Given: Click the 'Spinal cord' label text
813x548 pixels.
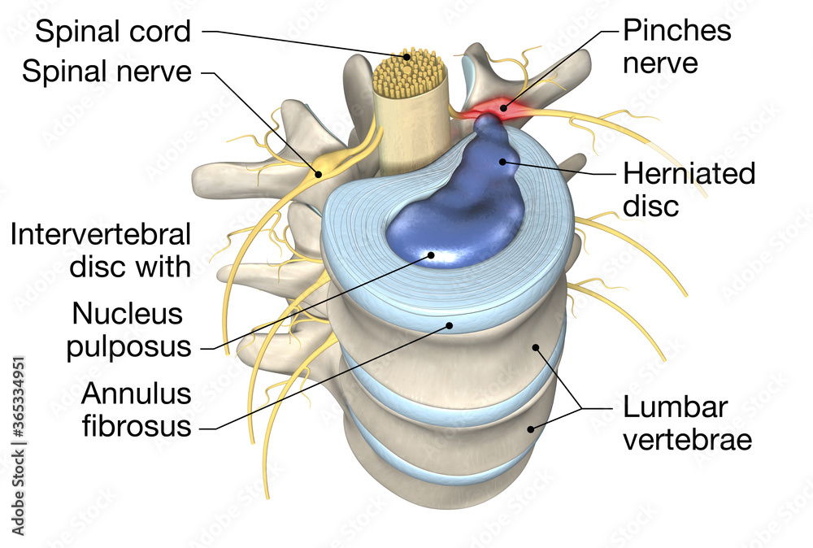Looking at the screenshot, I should [114, 33].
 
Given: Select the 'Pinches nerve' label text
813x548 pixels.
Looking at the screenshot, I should [676, 46].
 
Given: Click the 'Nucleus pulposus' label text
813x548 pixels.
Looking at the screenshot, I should [131, 329].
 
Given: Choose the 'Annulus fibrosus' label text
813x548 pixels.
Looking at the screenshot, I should [136, 410].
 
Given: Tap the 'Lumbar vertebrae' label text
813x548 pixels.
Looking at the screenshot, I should [687, 424].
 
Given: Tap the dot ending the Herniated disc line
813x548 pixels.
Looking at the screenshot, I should [504, 161].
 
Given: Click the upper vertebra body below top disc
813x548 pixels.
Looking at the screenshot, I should [455, 358].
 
